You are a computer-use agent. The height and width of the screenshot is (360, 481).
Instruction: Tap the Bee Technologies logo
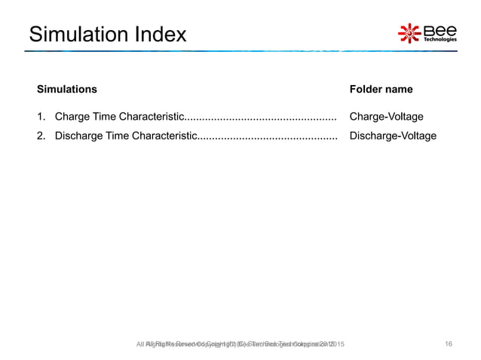click(427, 33)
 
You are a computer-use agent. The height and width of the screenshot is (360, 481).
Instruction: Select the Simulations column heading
click(67, 89)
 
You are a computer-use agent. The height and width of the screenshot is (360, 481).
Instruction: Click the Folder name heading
click(381, 89)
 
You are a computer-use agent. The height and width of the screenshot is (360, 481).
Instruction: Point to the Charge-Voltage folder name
click(386, 117)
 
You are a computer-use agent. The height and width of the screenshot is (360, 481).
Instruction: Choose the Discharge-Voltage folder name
click(393, 136)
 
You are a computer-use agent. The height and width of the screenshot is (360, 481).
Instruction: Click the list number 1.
click(41, 117)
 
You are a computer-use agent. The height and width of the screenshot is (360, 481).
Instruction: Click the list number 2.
click(41, 136)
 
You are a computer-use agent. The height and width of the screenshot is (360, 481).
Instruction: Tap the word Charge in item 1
click(73, 117)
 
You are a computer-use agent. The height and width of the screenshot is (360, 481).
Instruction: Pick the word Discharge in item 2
click(80, 136)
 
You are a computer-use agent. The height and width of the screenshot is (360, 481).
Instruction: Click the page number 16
click(449, 344)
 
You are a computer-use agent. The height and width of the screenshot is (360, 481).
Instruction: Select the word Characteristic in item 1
click(152, 117)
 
